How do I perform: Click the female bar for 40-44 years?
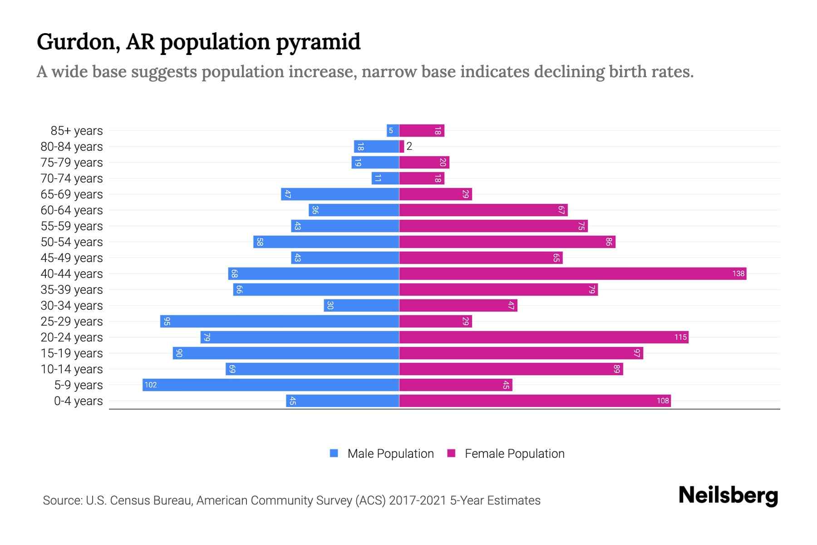tap(572, 273)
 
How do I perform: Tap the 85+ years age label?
tap(76, 131)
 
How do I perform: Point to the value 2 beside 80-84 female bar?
tap(409, 146)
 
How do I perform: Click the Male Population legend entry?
tap(381, 453)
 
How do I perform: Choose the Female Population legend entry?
tap(506, 453)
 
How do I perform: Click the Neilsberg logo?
tap(728, 495)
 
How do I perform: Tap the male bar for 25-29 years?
tap(279, 321)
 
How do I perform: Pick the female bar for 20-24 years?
tap(544, 337)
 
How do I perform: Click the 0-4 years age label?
tap(78, 401)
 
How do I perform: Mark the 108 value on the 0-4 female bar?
tap(663, 401)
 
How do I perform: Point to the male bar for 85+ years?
tap(393, 130)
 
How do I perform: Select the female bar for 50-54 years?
tap(507, 242)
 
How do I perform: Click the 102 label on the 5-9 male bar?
tap(150, 385)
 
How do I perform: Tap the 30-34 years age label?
tap(72, 306)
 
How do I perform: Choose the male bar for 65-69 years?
tap(340, 194)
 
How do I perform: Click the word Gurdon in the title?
tap(78, 42)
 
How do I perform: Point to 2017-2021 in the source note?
tap(418, 500)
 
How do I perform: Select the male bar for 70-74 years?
tap(385, 178)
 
